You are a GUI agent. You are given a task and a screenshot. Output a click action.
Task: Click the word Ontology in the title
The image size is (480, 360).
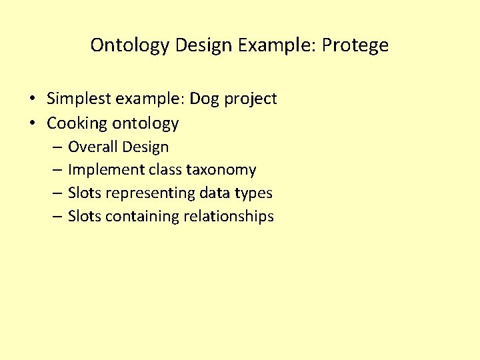(130, 45)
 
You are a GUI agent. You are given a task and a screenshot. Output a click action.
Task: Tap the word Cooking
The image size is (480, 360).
(77, 123)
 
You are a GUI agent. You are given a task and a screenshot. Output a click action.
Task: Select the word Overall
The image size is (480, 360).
(93, 147)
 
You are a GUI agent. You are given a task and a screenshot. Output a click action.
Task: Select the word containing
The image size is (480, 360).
(141, 217)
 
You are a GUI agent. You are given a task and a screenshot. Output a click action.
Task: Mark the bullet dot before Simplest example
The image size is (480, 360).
(32, 99)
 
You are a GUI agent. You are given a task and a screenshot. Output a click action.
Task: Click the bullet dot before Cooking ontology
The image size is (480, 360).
(32, 123)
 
